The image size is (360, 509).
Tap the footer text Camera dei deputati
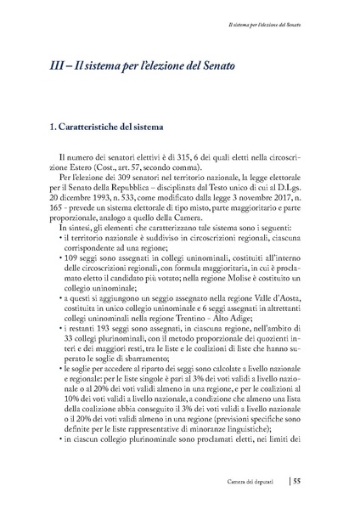[258, 481]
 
